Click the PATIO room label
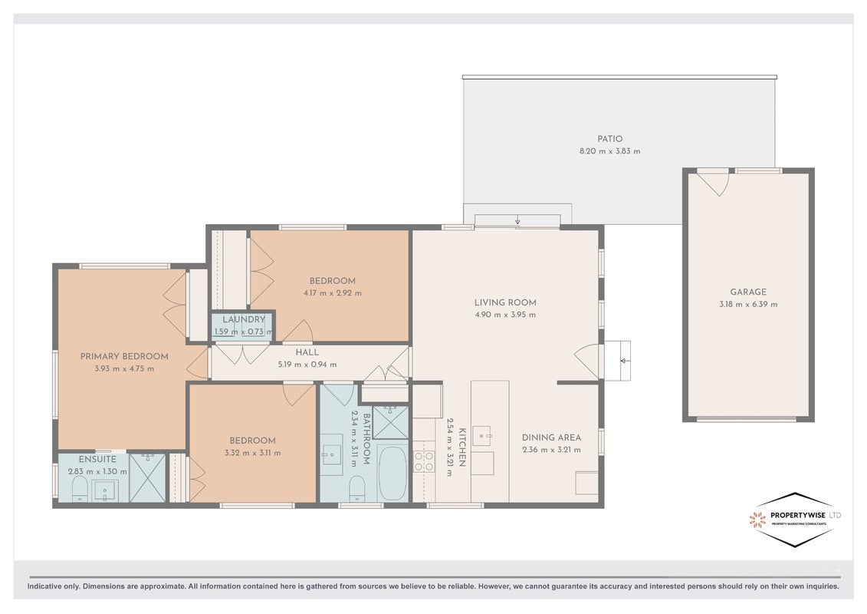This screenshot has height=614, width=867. [x=610, y=139]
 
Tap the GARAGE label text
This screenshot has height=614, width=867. [x=748, y=292]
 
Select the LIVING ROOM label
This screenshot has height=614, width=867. [x=505, y=302]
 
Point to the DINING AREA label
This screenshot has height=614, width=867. [x=551, y=437]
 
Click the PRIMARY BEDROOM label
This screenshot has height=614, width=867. [x=124, y=356]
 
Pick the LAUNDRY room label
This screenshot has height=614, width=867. [x=244, y=319]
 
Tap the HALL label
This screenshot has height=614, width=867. [x=307, y=352]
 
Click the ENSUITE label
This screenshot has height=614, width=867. [x=97, y=459]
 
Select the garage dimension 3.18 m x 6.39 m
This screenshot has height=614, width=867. [x=748, y=304]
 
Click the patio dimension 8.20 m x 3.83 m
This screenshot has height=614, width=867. [x=610, y=150]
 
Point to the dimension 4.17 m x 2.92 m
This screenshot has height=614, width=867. [x=333, y=293]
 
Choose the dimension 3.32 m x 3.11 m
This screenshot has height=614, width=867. [x=253, y=453]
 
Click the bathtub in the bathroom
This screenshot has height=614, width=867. [x=392, y=474]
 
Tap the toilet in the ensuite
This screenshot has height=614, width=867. [x=80, y=490]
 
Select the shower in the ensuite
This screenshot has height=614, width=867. [x=148, y=477]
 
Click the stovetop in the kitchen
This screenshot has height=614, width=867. [x=424, y=461]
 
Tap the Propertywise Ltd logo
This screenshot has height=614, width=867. [x=795, y=520]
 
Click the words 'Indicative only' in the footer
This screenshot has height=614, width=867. [x=54, y=586]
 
